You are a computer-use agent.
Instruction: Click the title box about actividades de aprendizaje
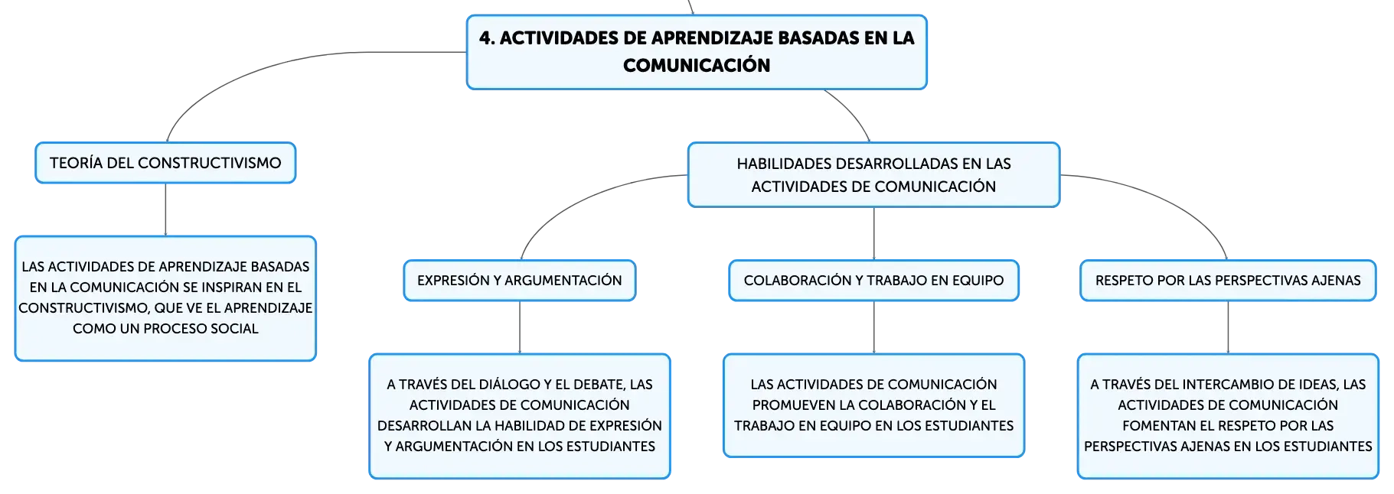click(697, 52)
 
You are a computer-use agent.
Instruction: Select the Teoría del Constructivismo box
click(165, 163)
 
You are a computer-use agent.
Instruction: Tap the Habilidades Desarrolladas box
click(873, 175)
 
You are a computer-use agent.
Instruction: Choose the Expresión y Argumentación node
click(520, 281)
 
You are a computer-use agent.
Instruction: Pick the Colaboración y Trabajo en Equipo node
click(873, 281)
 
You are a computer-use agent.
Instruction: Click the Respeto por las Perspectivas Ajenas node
click(1228, 281)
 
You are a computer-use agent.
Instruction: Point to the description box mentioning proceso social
click(165, 298)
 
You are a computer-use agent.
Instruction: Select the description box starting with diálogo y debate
click(520, 416)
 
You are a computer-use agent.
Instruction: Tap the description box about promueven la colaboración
click(873, 405)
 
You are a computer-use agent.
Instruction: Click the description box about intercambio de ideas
click(1228, 416)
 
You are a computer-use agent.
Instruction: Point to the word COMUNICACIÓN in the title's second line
click(697, 65)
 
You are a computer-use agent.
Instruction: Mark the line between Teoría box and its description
click(165, 210)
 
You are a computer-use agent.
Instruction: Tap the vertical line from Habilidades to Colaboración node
click(873, 233)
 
